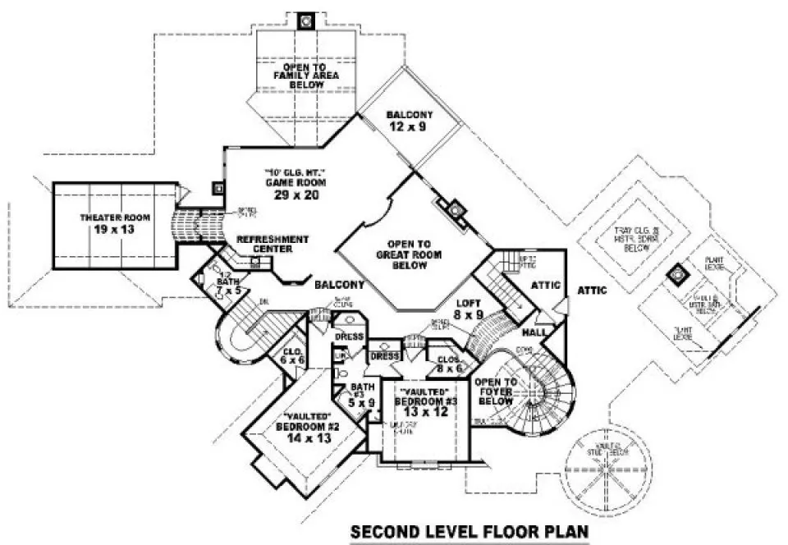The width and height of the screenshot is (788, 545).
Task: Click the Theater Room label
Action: (x=102, y=223)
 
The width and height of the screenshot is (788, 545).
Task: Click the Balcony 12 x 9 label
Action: (x=409, y=121)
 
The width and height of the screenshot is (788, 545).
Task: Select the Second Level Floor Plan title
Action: (x=470, y=532)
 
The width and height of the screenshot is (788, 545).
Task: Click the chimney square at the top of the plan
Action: (x=306, y=20)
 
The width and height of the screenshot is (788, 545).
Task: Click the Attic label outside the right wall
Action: (x=592, y=290)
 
